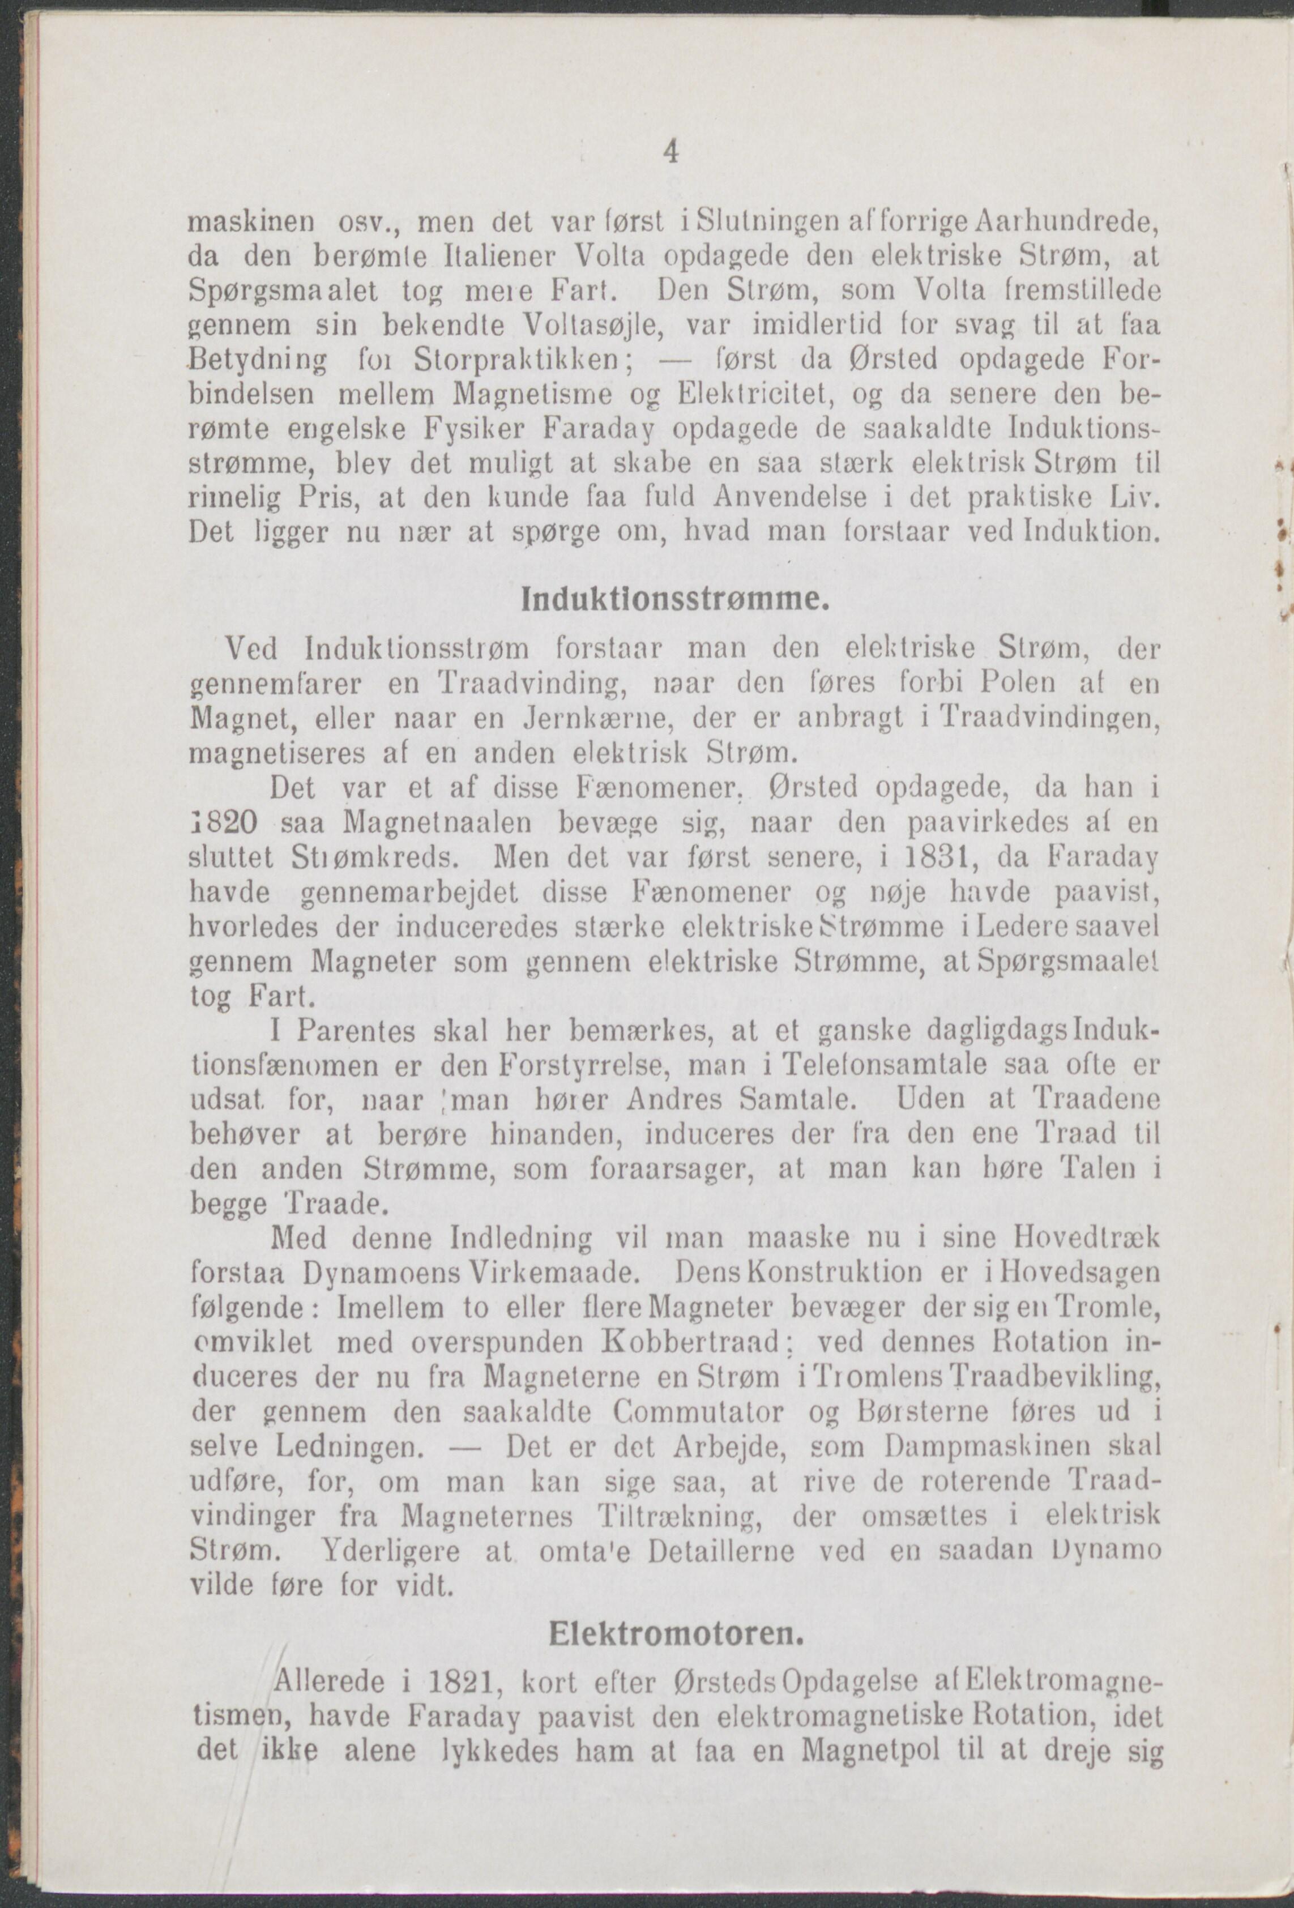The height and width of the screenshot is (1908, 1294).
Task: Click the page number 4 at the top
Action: (672, 153)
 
